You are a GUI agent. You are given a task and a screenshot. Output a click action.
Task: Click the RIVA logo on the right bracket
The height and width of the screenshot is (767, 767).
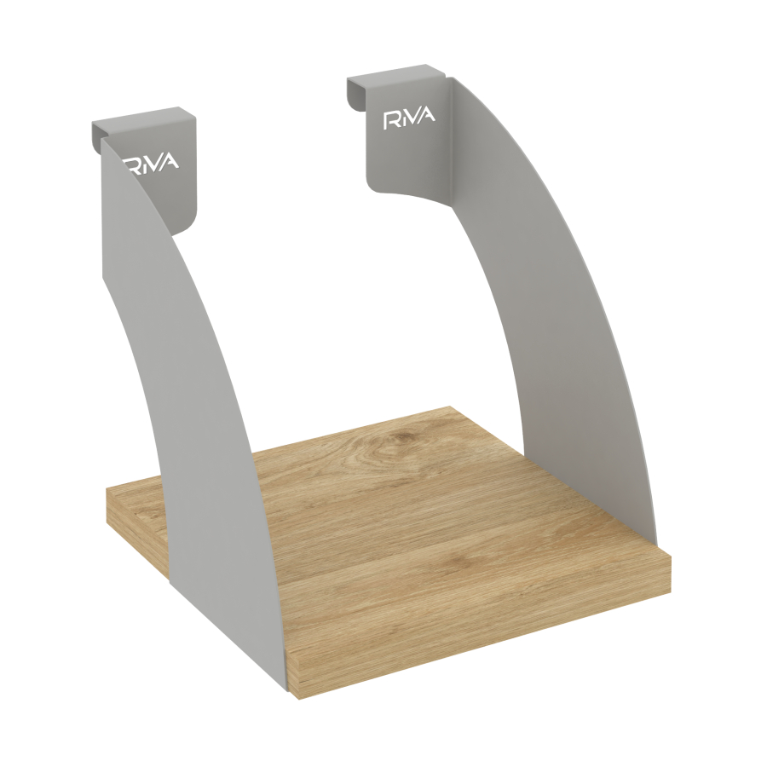(409, 118)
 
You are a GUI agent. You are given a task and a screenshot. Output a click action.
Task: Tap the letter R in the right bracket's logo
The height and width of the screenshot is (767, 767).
(392, 120)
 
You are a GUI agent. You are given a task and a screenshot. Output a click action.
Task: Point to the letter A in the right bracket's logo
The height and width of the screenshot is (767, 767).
(427, 117)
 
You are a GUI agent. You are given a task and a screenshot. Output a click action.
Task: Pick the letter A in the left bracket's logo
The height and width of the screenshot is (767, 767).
(171, 162)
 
